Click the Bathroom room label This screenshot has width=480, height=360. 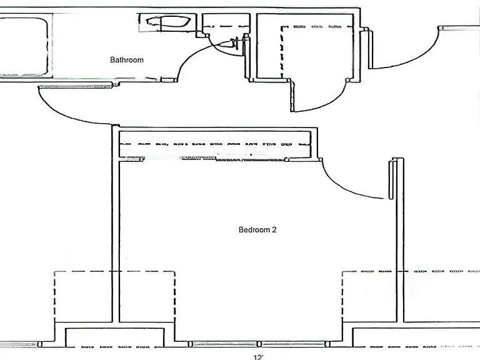click(x=127, y=60)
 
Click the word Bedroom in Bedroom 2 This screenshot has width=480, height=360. click(x=254, y=229)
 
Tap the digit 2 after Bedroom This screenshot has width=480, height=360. click(x=274, y=229)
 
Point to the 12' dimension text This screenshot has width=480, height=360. click(x=258, y=357)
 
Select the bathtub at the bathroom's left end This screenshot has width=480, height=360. click(x=24, y=47)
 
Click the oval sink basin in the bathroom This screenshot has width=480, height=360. click(x=168, y=22)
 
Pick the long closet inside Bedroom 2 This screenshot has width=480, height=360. click(x=215, y=144)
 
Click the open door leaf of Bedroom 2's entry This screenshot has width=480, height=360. click(x=391, y=179)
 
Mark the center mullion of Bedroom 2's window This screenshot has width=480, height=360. click(x=259, y=344)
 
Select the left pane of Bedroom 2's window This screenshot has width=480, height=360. click(x=224, y=344)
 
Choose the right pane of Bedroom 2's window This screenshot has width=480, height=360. click(x=293, y=344)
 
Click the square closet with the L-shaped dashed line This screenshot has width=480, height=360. click(x=305, y=46)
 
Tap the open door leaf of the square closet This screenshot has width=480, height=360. click(x=292, y=96)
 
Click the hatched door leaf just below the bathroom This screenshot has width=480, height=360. click(x=75, y=87)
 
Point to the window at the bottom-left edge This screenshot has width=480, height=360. click(x=19, y=345)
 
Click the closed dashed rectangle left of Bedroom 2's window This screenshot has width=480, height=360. click(x=114, y=297)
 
